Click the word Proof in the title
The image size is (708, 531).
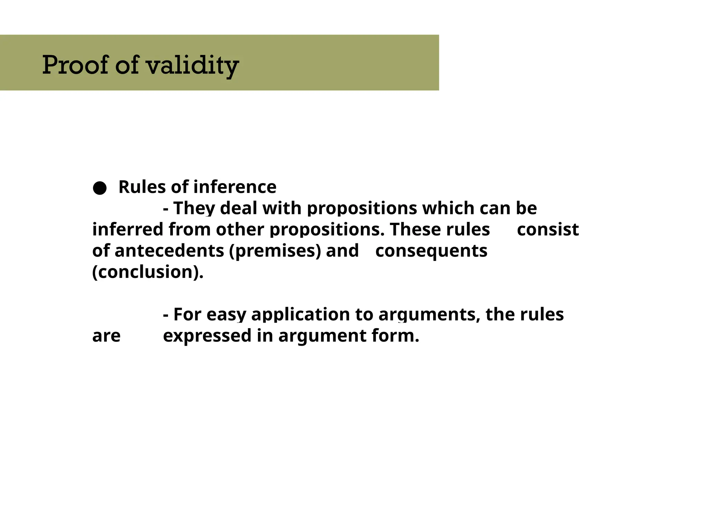click(x=75, y=65)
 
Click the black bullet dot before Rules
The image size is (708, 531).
click(x=100, y=188)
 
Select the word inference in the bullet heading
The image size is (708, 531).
click(x=235, y=187)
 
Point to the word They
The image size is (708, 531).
click(x=194, y=208)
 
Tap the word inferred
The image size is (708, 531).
click(x=128, y=230)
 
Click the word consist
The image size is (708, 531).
click(x=548, y=230)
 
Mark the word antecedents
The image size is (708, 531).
click(x=169, y=251)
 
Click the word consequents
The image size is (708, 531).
click(x=431, y=251)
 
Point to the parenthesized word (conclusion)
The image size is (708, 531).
click(x=148, y=272)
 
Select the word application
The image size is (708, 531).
click(x=300, y=315)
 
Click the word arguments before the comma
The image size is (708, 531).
click(x=429, y=315)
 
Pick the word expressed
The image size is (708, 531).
click(x=207, y=336)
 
